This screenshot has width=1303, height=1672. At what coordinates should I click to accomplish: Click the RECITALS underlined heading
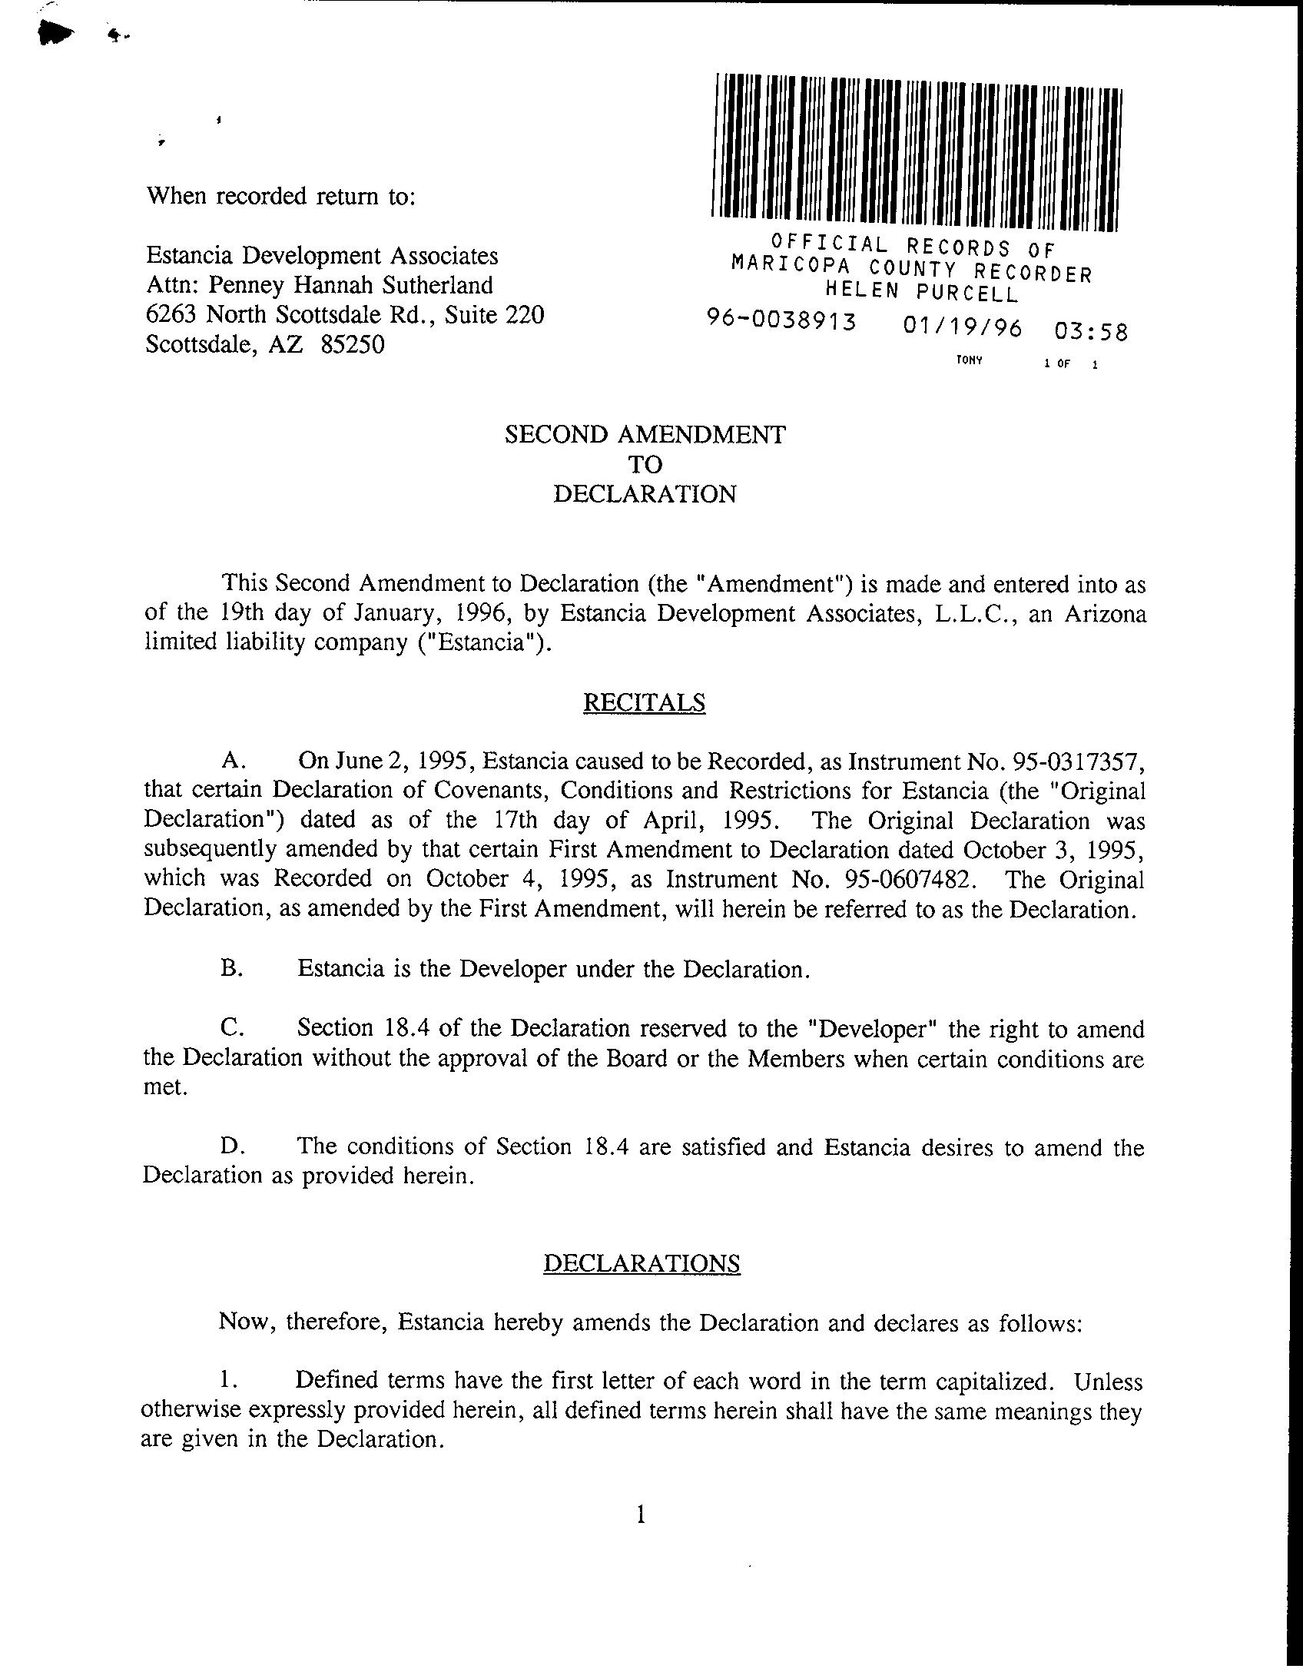click(644, 703)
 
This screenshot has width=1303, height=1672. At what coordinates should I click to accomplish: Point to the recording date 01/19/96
click(963, 327)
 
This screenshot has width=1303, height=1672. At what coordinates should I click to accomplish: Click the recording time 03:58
click(1091, 332)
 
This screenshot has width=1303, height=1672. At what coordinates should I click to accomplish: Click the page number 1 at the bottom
click(641, 1514)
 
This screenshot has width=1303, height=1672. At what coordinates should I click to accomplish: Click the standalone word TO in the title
click(645, 464)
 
